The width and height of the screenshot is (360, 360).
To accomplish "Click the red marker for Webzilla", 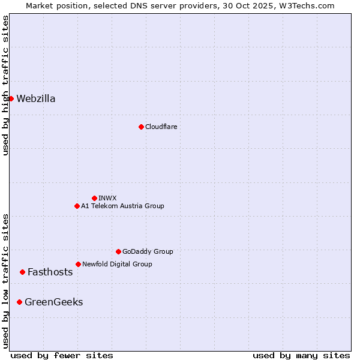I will click(11, 98).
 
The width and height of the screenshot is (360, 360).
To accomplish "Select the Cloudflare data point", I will click(141, 127).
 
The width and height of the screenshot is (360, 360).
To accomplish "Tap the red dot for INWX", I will click(94, 198).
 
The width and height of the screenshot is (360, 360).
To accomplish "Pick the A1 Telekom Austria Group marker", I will click(77, 206).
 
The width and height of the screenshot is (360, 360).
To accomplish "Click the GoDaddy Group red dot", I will click(118, 251).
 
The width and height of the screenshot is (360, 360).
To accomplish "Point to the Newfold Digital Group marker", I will click(78, 264).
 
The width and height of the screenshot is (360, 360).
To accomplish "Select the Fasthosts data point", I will click(22, 272).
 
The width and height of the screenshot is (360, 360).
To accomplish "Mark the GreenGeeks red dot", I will click(19, 302).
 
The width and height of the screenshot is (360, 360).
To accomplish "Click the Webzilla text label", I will click(36, 99).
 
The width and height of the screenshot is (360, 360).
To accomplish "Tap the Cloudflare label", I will click(161, 127).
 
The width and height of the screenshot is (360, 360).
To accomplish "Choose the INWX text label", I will click(107, 198).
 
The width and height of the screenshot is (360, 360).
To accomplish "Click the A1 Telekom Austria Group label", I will click(122, 206).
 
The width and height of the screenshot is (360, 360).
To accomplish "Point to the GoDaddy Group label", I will click(148, 251).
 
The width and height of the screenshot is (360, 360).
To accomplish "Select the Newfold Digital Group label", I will click(117, 264).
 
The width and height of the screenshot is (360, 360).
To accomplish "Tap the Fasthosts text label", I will click(50, 272).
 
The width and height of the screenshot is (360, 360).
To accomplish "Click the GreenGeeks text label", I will click(53, 302).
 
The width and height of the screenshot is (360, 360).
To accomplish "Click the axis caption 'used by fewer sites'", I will click(62, 355).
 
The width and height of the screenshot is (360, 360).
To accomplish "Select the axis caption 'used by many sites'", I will click(301, 355).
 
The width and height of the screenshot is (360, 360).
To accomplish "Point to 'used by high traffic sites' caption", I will click(5, 85).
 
